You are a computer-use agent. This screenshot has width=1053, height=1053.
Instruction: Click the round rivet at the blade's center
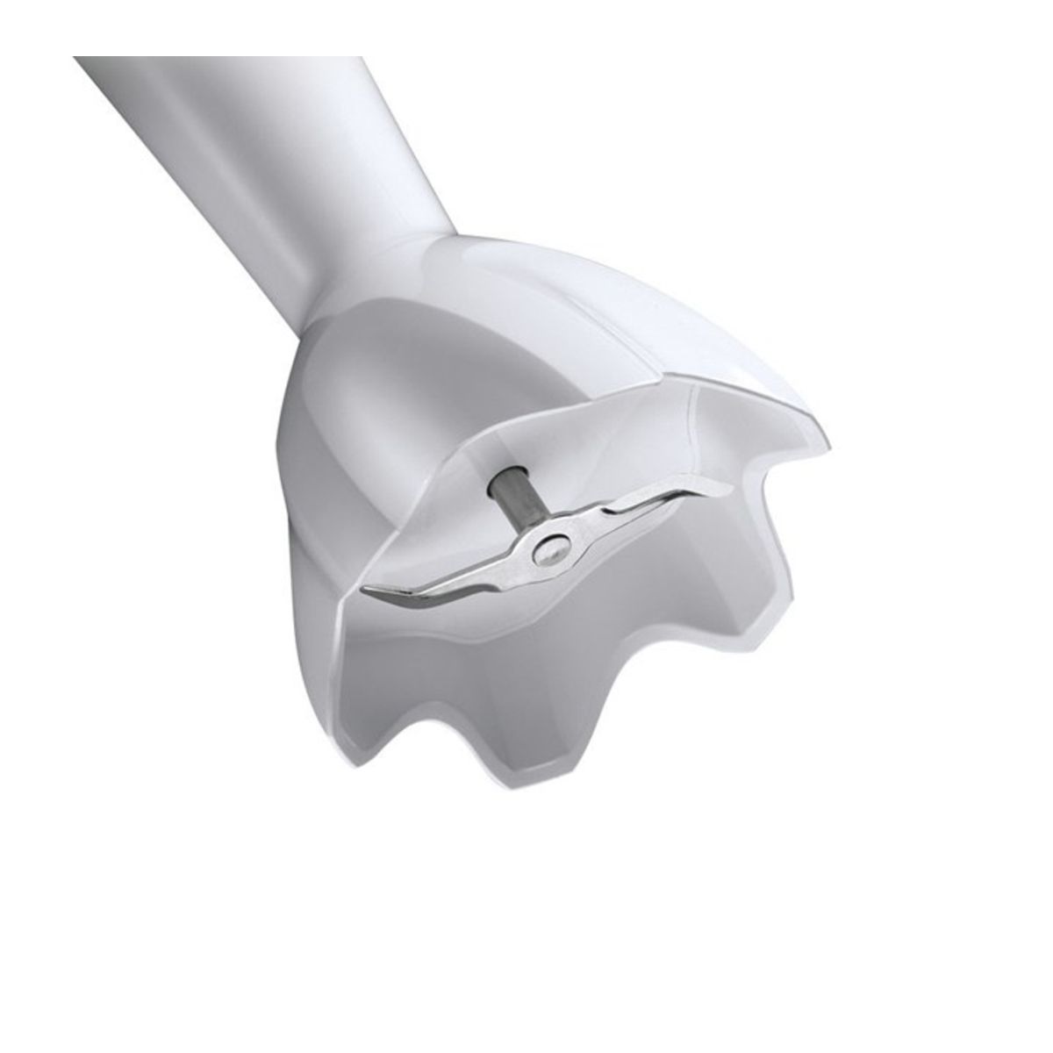tap(550, 547)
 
